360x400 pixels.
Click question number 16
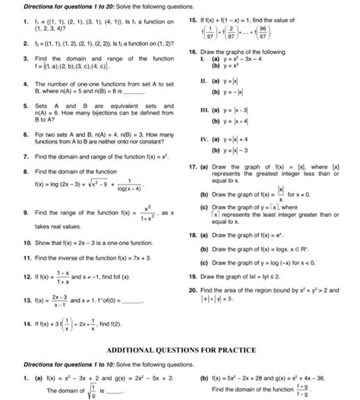tap(194, 71)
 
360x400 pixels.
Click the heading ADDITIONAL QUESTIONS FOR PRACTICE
tap(179, 350)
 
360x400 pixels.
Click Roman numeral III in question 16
tap(197, 131)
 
